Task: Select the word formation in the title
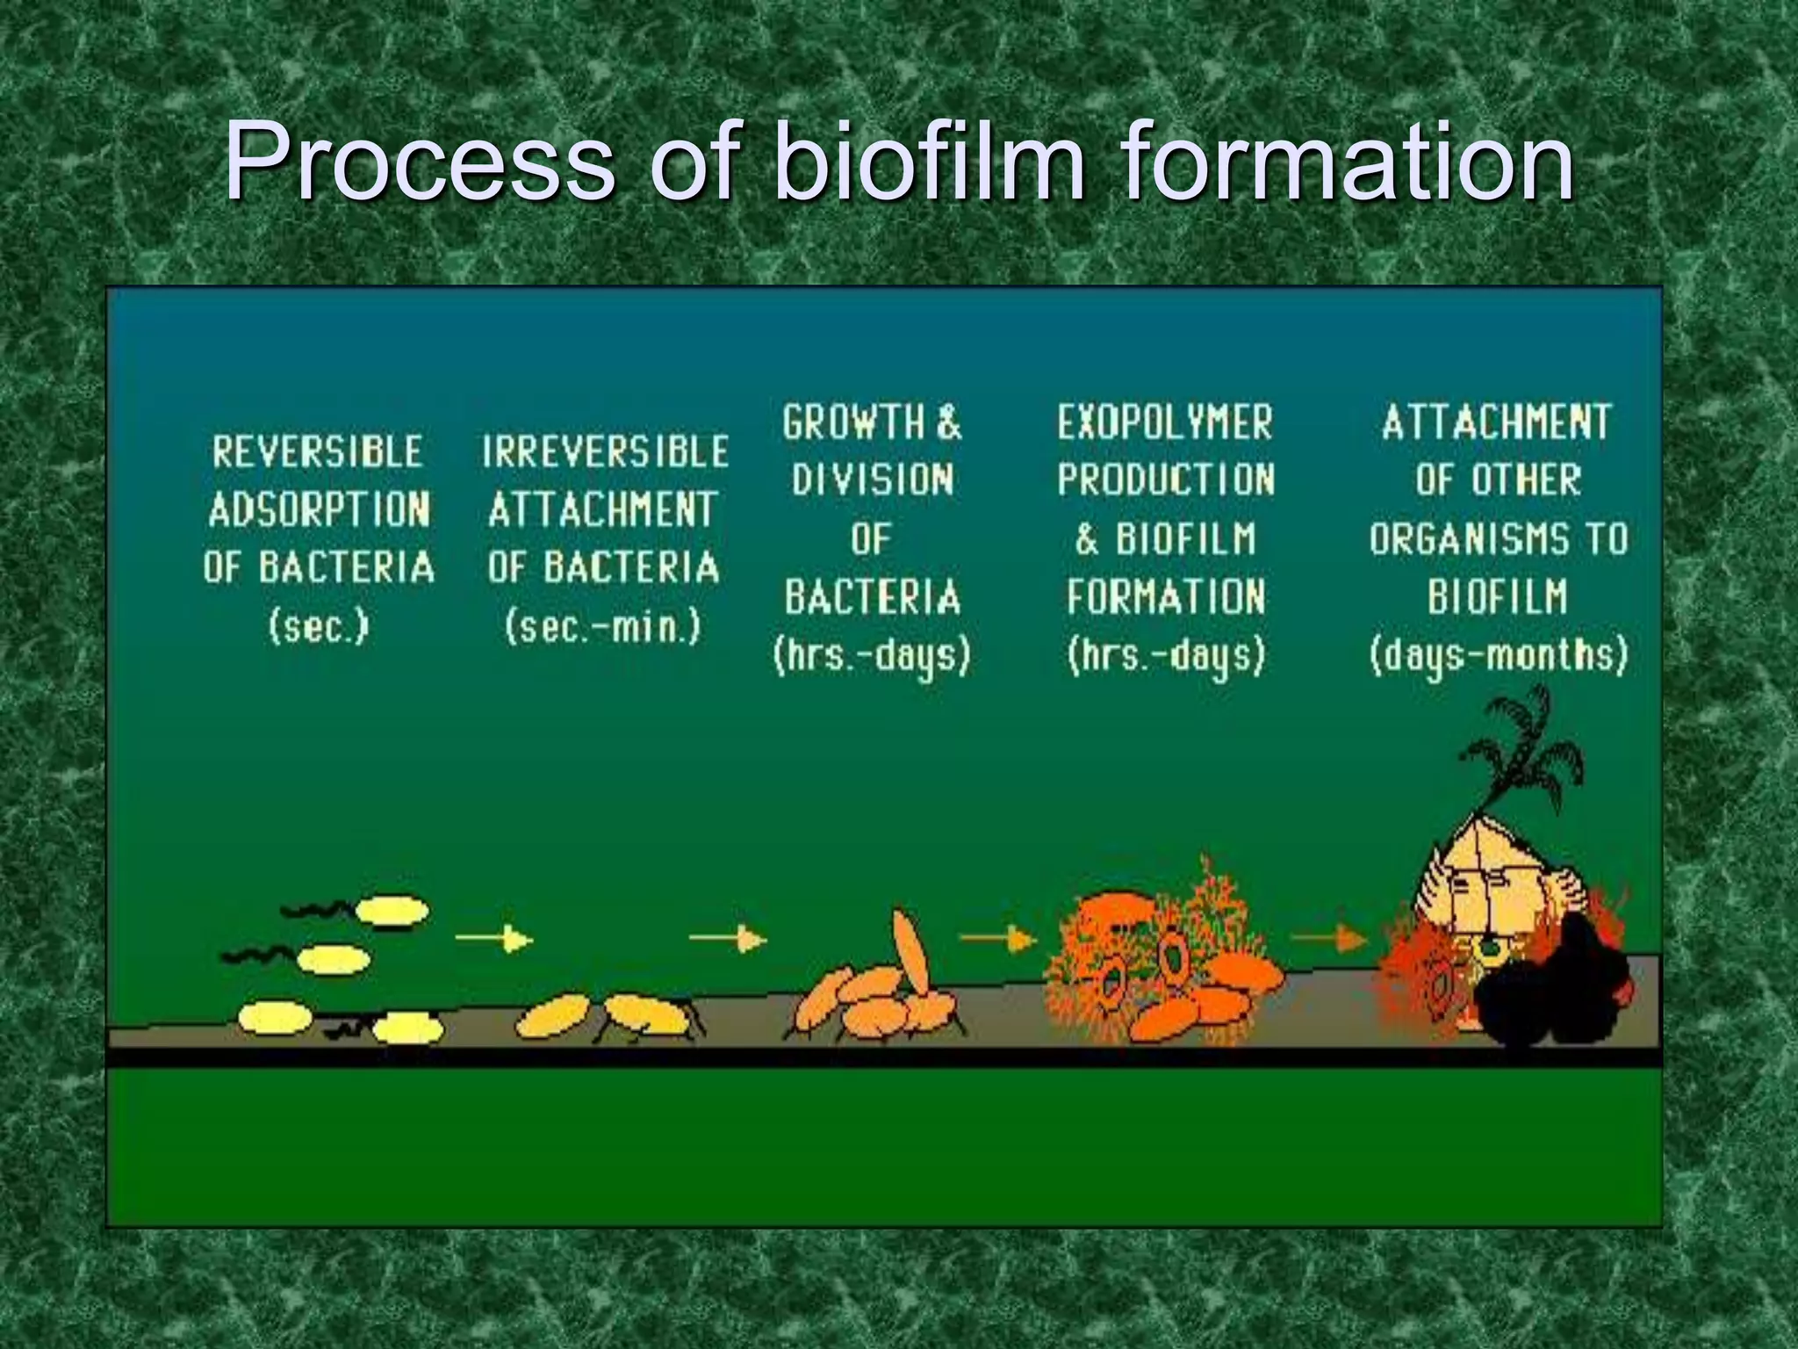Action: click(1348, 162)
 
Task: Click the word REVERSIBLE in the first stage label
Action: click(318, 452)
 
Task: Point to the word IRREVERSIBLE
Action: click(605, 452)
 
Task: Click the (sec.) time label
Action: click(319, 627)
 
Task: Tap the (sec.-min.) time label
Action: click(603, 627)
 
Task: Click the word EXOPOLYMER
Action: click(1164, 423)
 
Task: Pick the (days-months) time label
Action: click(1498, 655)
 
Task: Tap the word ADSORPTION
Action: click(319, 510)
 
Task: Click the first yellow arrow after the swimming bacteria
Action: click(494, 940)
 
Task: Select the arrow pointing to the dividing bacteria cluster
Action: click(728, 939)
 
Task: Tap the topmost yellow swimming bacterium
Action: click(393, 912)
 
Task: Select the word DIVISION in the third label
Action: click(872, 480)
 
